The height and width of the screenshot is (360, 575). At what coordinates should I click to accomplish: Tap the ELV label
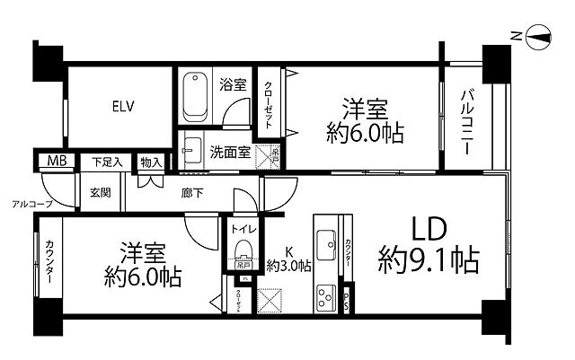tap(123, 107)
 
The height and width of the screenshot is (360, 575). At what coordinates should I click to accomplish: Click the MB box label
tap(56, 162)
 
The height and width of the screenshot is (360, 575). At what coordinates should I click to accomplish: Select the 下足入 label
tap(108, 162)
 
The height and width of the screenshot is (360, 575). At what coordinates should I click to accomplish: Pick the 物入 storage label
tap(151, 162)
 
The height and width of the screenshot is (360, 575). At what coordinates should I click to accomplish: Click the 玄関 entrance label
tap(99, 192)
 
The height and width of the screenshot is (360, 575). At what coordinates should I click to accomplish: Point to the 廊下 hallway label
tap(192, 192)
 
